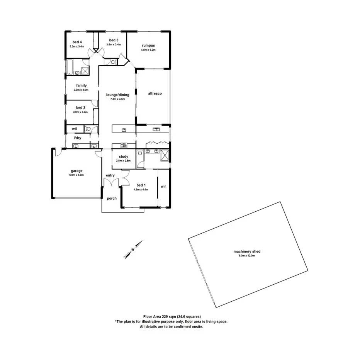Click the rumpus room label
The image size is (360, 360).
[148, 45]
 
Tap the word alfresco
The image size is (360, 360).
[155, 93]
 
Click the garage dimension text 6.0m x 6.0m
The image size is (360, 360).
[76, 175]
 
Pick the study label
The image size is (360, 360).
[124, 156]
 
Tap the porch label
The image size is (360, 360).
[112, 199]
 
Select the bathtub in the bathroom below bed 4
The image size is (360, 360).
[70, 67]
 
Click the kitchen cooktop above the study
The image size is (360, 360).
[124, 146]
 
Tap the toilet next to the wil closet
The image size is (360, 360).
[88, 129]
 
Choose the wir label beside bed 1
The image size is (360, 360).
[163, 186]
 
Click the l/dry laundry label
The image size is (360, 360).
[78, 138]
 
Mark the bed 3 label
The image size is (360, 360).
[114, 40]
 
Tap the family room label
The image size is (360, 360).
[81, 85]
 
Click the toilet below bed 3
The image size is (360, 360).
[112, 62]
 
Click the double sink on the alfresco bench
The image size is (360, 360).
[156, 129]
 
